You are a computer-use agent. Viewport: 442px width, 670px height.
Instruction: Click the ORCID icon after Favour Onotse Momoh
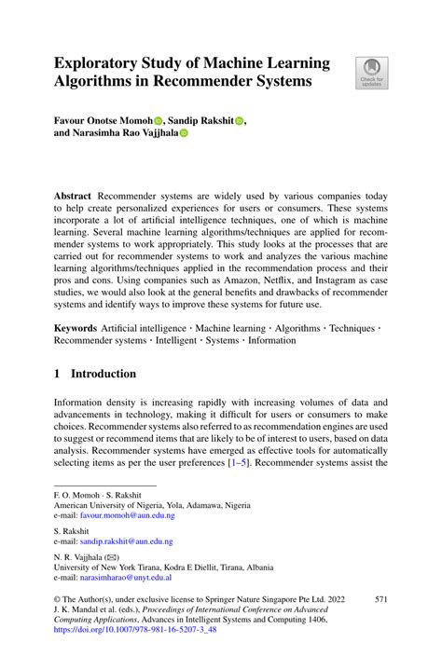click(158, 120)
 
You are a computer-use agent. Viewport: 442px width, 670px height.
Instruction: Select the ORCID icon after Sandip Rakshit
click(239, 120)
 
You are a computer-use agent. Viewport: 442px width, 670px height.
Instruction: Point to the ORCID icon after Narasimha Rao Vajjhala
click(183, 133)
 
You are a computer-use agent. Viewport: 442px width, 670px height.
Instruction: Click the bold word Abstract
click(74, 198)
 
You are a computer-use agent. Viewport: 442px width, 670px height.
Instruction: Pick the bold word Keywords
click(76, 328)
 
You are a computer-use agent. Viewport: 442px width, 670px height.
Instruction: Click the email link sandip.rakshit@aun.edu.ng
click(128, 541)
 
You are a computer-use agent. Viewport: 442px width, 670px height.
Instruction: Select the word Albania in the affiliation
click(256, 567)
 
